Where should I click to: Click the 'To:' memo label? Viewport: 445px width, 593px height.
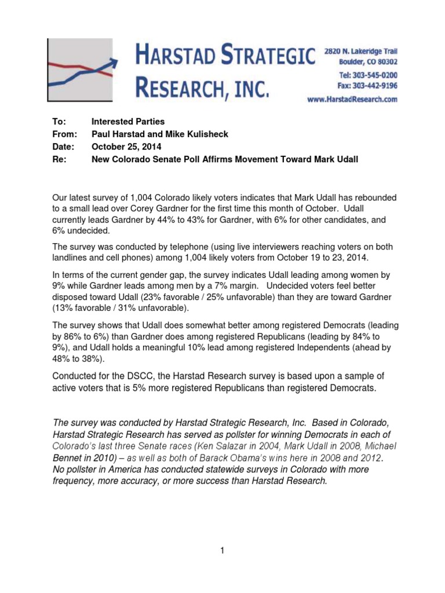coord(60,122)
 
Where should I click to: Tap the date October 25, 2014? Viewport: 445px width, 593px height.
coord(126,147)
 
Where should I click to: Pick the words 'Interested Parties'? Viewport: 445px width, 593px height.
coord(128,122)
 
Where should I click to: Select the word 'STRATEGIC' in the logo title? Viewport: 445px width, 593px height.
coord(271,57)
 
